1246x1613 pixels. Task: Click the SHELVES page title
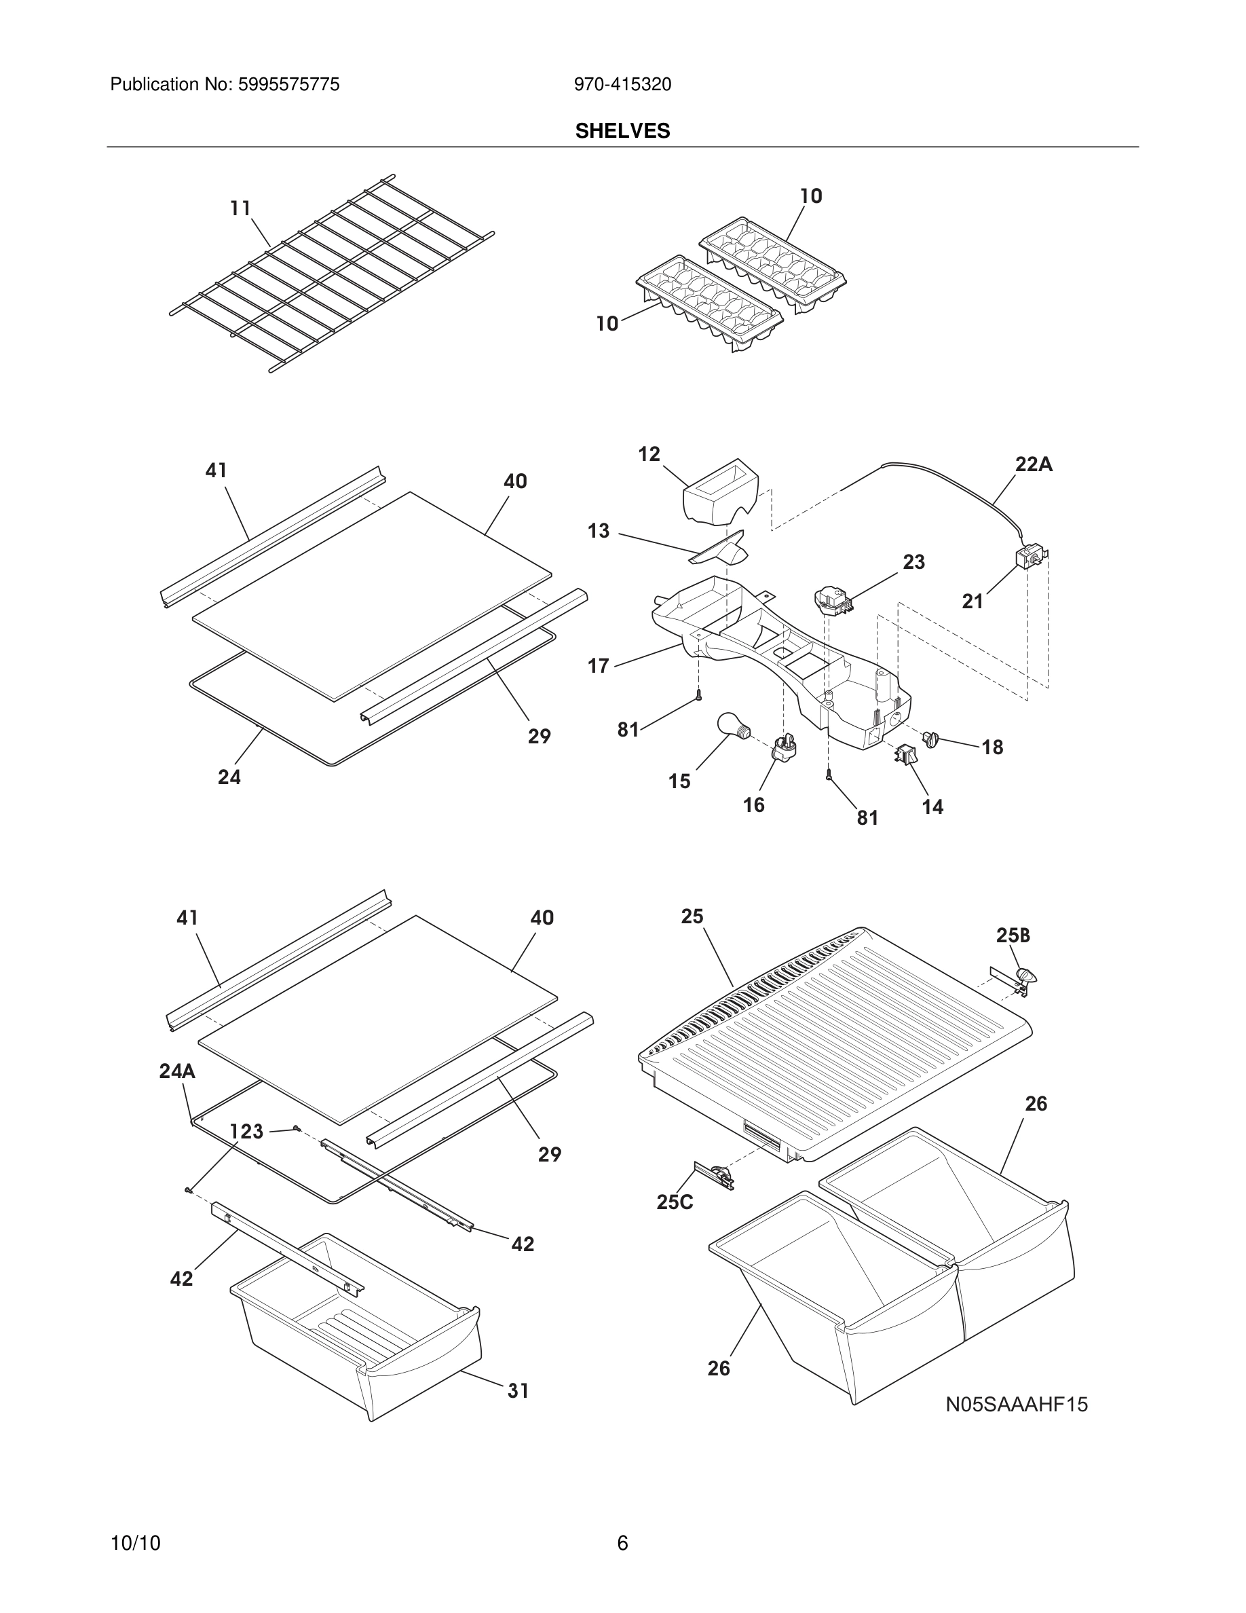point(622,131)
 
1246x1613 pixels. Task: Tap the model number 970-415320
point(622,85)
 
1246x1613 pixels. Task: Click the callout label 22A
point(1034,464)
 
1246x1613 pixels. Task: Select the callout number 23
point(914,562)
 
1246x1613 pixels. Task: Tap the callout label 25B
point(1013,935)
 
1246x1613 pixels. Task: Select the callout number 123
point(246,1132)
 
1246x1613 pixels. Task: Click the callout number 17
point(598,666)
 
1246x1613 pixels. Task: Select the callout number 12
point(649,454)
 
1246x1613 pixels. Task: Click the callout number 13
point(599,531)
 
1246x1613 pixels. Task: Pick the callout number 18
point(992,747)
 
